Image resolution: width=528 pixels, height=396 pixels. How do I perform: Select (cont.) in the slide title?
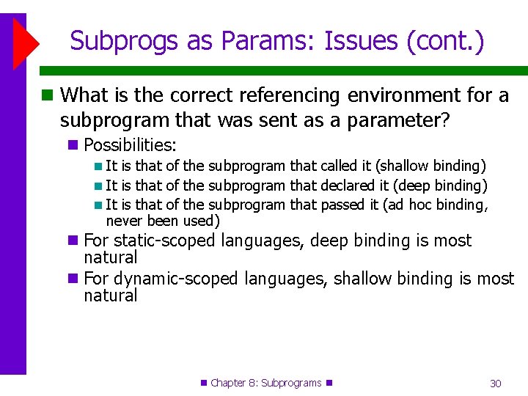click(x=446, y=41)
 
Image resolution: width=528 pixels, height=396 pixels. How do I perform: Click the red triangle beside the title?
click(x=26, y=41)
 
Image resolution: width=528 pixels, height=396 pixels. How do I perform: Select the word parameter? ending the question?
click(x=402, y=120)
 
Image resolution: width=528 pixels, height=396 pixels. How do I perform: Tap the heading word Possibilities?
click(x=131, y=145)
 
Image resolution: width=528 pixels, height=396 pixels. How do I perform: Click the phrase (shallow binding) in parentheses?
click(x=431, y=166)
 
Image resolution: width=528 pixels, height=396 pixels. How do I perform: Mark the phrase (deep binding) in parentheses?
click(x=441, y=186)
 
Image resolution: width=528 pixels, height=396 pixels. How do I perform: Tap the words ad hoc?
click(x=409, y=205)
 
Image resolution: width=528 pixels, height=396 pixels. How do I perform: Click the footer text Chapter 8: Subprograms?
click(x=266, y=383)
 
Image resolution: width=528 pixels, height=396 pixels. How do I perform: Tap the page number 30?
click(x=496, y=384)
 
